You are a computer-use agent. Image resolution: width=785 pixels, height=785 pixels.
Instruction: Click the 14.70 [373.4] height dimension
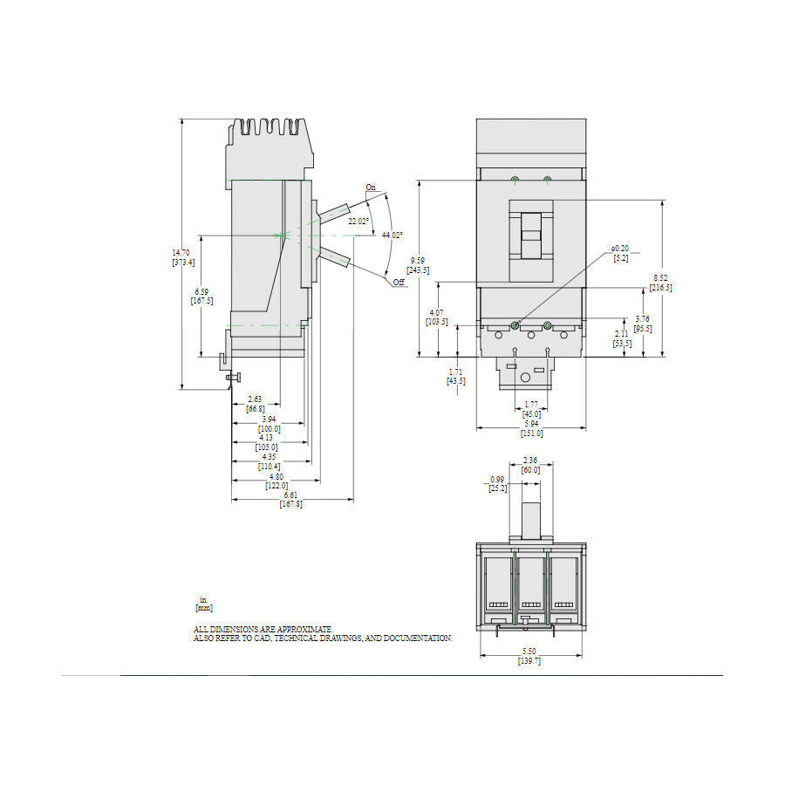[x=182, y=257]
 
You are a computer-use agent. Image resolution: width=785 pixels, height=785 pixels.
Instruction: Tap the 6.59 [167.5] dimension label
[x=201, y=297]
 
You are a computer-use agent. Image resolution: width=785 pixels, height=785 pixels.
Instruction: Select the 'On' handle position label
[x=371, y=188]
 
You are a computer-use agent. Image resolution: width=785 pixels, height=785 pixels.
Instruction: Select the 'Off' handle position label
[x=398, y=283]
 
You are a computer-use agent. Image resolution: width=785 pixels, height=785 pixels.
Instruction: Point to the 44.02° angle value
[x=392, y=235]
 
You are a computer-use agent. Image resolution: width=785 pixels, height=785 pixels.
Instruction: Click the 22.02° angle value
[x=358, y=222]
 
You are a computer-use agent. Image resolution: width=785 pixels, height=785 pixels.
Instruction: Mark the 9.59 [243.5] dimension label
[x=420, y=265]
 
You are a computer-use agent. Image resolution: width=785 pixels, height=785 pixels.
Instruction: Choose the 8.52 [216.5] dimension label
[x=662, y=283]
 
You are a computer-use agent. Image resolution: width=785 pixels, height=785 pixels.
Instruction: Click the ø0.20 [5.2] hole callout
[x=619, y=253]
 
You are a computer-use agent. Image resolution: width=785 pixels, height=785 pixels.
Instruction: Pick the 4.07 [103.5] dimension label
[x=437, y=317]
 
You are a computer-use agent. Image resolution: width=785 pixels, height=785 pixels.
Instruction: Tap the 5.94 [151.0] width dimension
[x=531, y=428]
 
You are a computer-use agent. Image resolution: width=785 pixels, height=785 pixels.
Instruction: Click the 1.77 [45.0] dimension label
[x=531, y=409]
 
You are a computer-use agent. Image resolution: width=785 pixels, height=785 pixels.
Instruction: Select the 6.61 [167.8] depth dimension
[x=291, y=500]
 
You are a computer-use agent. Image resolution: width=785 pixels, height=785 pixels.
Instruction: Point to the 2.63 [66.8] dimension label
[x=255, y=404]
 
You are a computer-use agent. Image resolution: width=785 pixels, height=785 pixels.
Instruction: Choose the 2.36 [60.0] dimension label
[x=530, y=465]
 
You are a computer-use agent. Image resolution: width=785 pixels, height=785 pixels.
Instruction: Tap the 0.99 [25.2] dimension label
[x=497, y=484]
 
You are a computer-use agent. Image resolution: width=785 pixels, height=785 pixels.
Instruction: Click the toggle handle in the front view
[x=530, y=234]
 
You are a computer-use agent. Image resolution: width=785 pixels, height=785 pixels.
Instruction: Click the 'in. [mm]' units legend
[x=203, y=604]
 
